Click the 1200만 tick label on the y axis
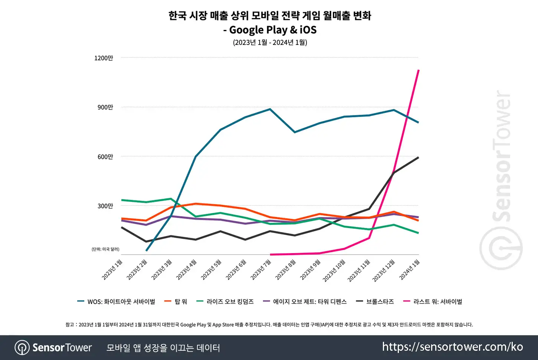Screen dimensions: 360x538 click(104, 58)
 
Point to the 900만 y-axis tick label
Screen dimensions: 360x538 click(105, 107)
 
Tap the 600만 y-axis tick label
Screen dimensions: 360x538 click(105, 157)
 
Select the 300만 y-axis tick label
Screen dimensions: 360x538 click(105, 206)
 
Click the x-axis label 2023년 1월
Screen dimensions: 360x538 click(112, 270)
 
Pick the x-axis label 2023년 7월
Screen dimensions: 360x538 click(261, 270)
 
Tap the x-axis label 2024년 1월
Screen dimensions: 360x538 click(410, 270)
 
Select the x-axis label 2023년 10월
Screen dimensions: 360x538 click(334, 271)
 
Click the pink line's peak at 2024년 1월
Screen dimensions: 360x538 click(419, 70)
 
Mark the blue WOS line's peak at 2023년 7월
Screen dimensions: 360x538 click(270, 109)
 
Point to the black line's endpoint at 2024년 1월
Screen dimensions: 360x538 click(419, 157)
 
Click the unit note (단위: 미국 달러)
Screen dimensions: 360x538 click(105, 249)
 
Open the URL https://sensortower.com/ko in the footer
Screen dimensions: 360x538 click(452, 347)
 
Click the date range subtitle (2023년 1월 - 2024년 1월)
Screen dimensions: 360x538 click(270, 42)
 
